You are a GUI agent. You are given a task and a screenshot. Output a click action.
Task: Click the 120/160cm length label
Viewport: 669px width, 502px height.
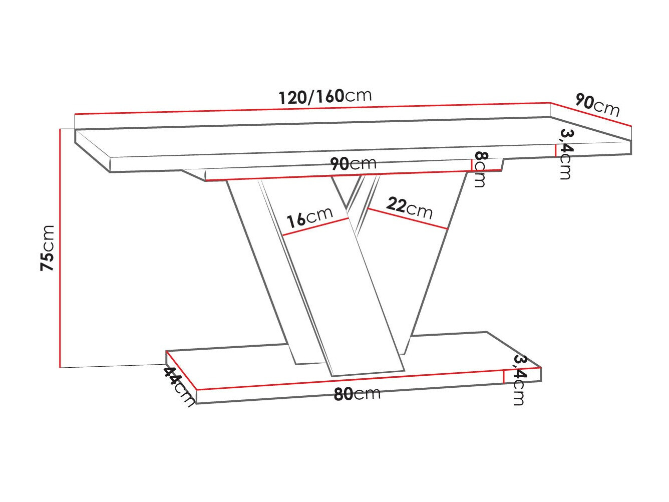coord(325,96)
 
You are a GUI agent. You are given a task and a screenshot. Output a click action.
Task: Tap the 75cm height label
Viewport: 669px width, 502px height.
coord(48,248)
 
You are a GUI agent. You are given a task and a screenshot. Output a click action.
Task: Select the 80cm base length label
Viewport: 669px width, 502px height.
coord(357,394)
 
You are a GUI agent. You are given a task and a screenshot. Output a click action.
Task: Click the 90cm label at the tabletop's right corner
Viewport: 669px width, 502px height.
coord(597,105)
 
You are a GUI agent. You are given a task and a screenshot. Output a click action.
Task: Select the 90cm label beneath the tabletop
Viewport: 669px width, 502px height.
coord(353,163)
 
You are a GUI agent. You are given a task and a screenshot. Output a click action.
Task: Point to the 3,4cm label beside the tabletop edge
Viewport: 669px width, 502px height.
coord(566,153)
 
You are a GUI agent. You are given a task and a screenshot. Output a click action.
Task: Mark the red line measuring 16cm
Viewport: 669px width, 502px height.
coord(315,227)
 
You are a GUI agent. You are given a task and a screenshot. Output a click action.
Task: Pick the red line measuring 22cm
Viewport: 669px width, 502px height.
coord(407,218)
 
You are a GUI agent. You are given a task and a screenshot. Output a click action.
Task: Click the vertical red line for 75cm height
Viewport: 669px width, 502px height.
coord(60,248)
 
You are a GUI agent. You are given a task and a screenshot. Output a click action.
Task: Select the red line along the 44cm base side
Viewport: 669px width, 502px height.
coord(181,370)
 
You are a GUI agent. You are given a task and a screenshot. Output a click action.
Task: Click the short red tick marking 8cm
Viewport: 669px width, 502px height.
coord(472,165)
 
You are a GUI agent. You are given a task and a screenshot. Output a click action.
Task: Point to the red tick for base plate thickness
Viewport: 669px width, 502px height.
coord(504,376)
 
